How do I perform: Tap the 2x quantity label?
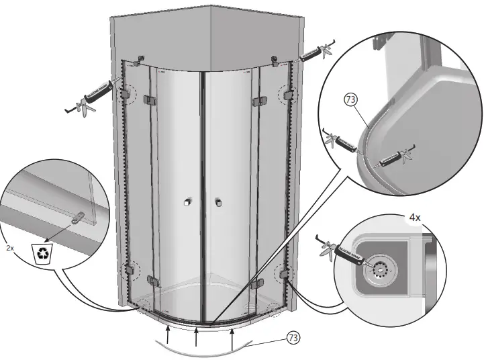pos(9,248)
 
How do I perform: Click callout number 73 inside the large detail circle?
pos(350,99)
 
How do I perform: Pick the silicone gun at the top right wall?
pos(315,53)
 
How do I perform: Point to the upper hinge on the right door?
pos(256,101)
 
